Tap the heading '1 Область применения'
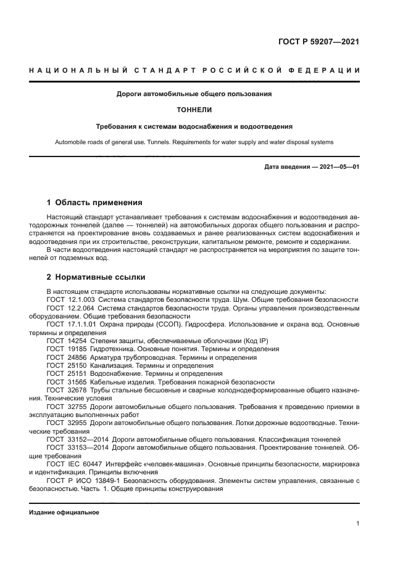tap(95, 202)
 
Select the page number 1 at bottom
tap(358, 524)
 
